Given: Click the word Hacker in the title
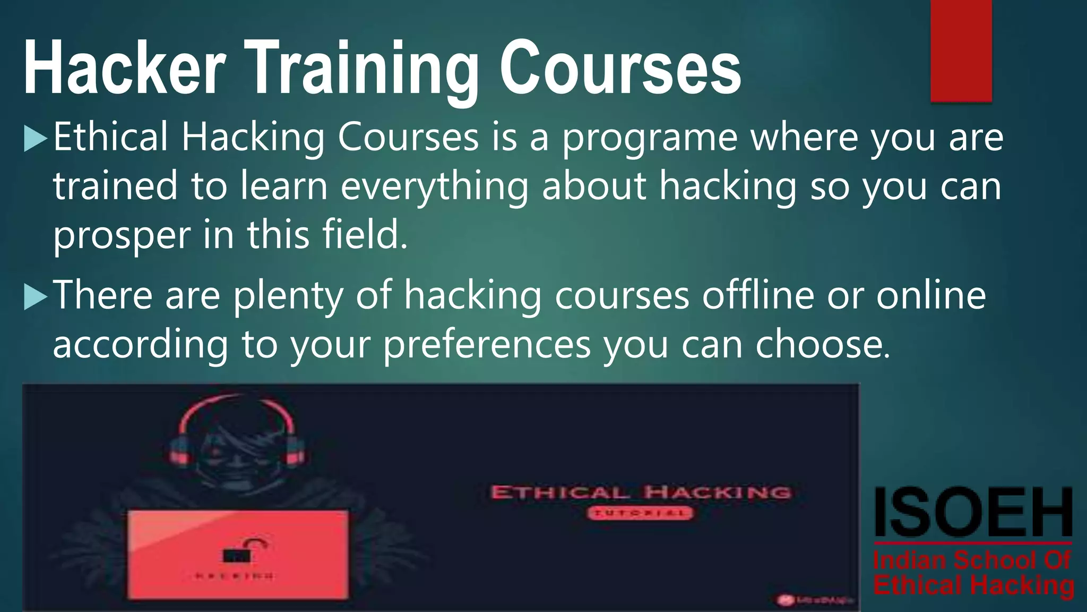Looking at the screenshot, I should pyautogui.click(x=125, y=69).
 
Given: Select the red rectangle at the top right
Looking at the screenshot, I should pyautogui.click(x=961, y=50).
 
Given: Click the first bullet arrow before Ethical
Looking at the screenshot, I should pyautogui.click(x=36, y=139).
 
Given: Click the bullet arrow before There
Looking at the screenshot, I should pyautogui.click(x=36, y=297).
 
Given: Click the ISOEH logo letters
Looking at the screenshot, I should pyautogui.click(x=973, y=513).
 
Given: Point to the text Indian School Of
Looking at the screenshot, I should pyautogui.click(x=972, y=561).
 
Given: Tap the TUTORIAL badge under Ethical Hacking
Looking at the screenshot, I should pyautogui.click(x=640, y=513).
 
